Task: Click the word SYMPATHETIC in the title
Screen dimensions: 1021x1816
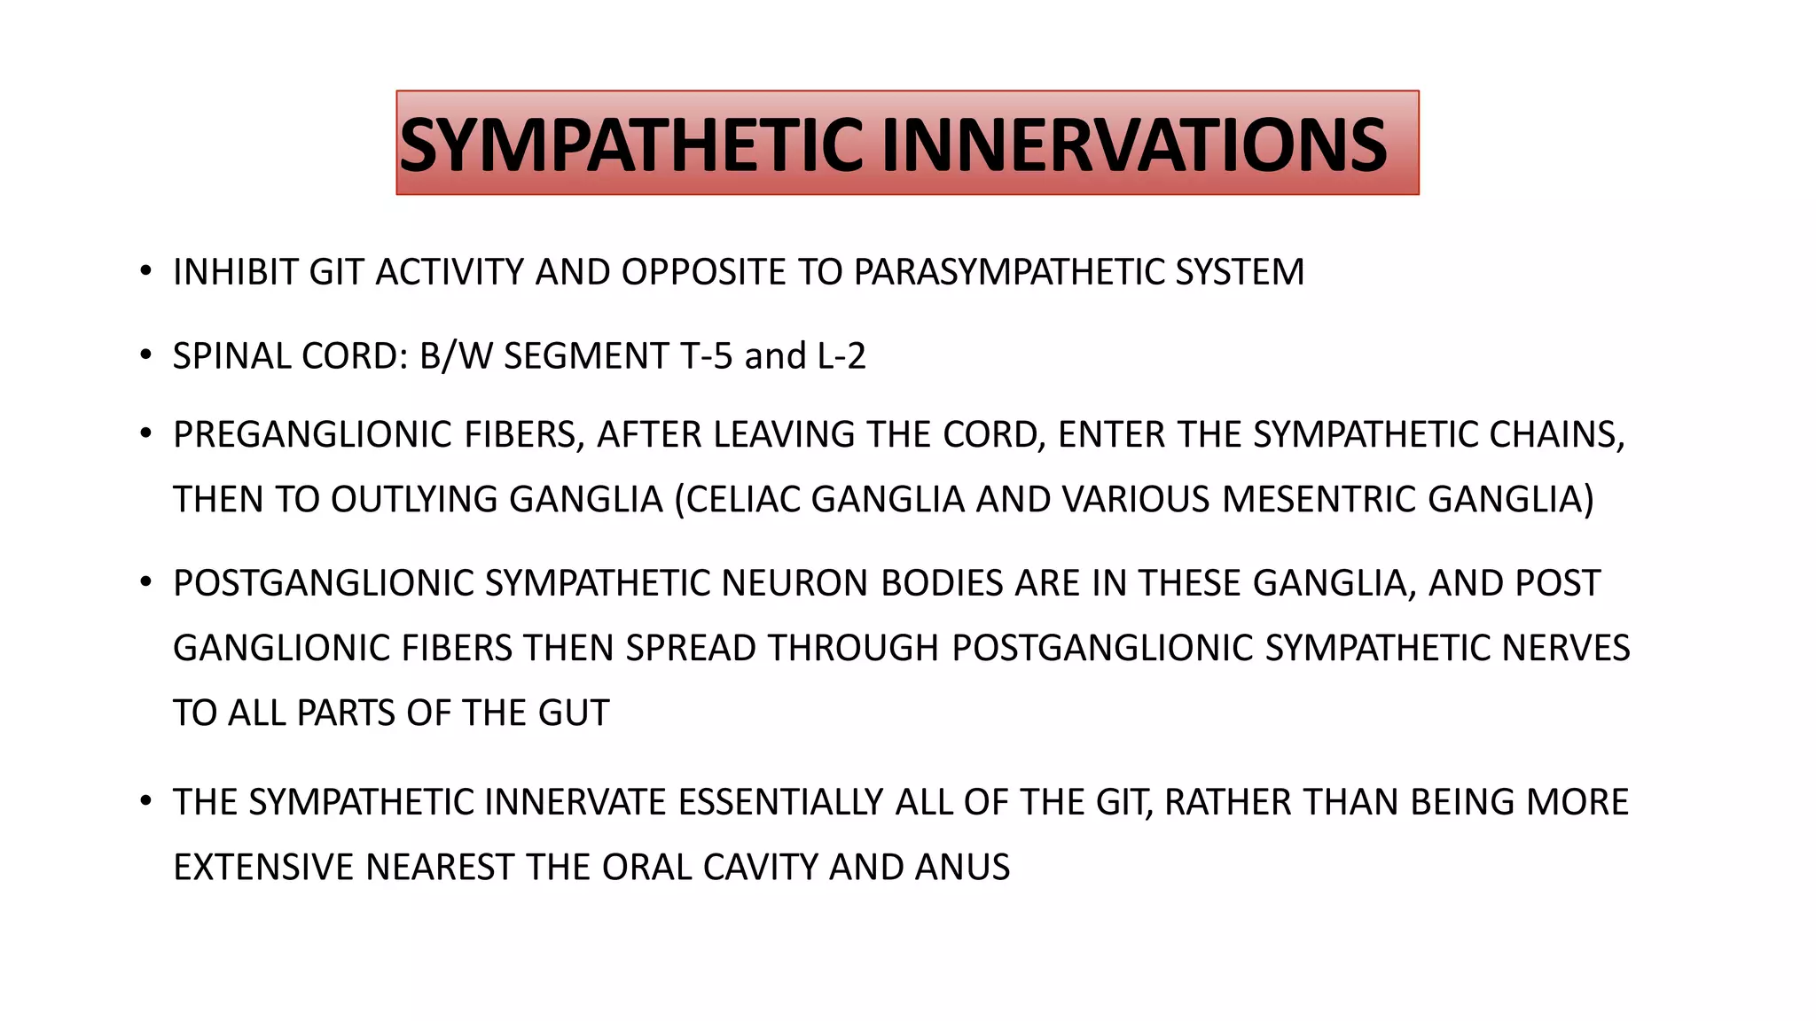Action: [x=630, y=145]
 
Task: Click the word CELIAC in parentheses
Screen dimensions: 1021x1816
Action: [x=741, y=500]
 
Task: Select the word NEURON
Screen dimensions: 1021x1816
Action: [x=795, y=583]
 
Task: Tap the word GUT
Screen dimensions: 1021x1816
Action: [x=573, y=713]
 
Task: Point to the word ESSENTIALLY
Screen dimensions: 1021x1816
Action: [x=780, y=803]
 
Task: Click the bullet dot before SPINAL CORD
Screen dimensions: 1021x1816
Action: [x=145, y=356]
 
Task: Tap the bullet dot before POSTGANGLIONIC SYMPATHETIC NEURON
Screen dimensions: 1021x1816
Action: [x=145, y=583]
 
